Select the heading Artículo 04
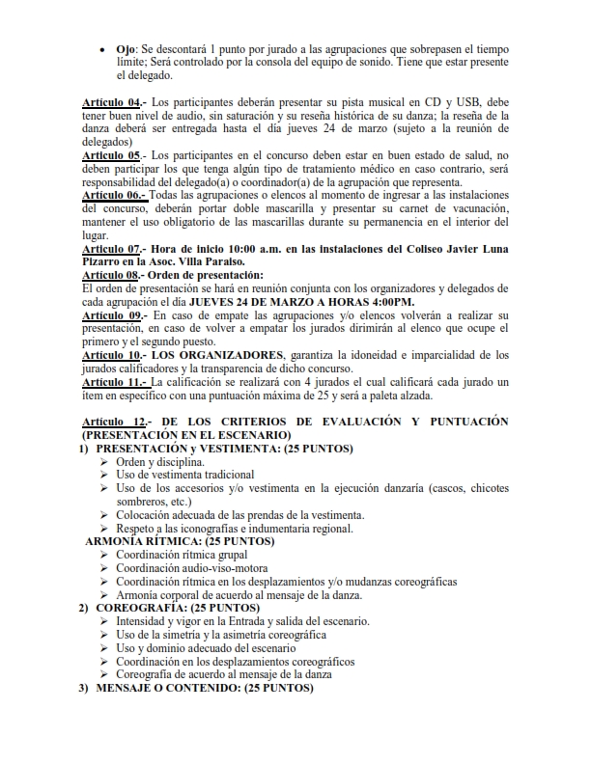112,102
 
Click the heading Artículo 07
112,248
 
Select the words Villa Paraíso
211,261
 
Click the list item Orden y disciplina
159,462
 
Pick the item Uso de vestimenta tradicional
185,475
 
